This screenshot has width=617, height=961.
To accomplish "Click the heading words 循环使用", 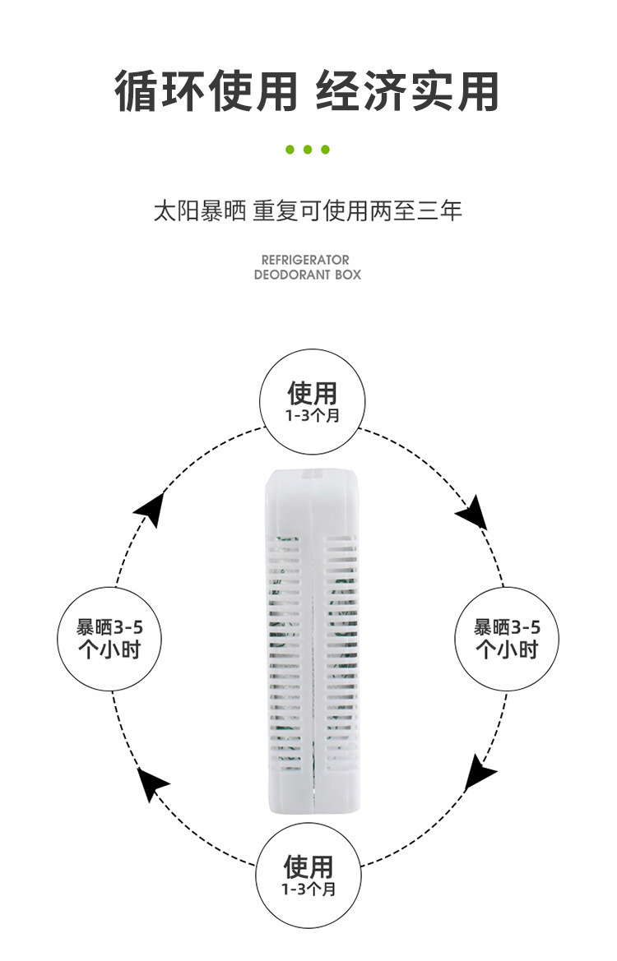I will pos(206,91).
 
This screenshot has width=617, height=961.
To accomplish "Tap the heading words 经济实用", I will pos(408,91).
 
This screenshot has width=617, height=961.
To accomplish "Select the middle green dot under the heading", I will pos(308,150).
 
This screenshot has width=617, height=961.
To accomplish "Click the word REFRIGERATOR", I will pos(305,260).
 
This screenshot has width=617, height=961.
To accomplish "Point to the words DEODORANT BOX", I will pos(307,275).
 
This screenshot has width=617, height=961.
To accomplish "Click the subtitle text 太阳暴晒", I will pos(200,211).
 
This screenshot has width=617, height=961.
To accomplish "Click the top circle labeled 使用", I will pos(312,401).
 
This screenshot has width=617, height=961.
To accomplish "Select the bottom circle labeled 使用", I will pos(308,874).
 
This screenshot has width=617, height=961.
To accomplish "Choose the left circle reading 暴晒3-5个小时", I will pos(109,638).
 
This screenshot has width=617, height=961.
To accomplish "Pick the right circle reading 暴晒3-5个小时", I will pos(507,638).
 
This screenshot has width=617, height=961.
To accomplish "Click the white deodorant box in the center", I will pos(312,641).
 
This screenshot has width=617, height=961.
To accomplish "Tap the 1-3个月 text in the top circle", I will pos(312,416).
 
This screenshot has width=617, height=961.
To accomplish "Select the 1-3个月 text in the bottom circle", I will pos(308,889).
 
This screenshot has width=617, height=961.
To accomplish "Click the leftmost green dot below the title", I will pos(290,150).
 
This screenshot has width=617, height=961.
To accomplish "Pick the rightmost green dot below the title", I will pos(326,150).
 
